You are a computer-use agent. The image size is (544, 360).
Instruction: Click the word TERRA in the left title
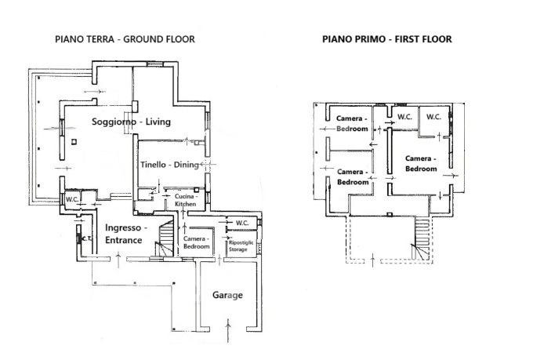[x=100, y=38]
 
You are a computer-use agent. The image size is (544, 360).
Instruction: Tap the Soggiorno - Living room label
[x=131, y=122]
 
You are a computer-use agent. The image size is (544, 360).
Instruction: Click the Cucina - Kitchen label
[x=185, y=200]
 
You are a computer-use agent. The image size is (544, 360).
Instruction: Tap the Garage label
[x=227, y=296]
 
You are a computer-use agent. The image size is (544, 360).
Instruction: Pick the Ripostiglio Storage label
[x=238, y=246]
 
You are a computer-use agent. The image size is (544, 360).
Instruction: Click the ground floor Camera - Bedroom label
[x=196, y=242]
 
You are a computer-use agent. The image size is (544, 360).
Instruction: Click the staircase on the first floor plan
[x=422, y=234]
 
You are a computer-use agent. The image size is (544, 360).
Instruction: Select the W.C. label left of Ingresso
[x=71, y=199]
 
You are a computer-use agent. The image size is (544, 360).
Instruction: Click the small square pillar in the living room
[x=73, y=142]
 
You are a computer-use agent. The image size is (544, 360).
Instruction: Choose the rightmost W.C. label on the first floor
[x=433, y=117]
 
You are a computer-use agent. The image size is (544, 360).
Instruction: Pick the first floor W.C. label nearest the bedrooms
[x=404, y=117]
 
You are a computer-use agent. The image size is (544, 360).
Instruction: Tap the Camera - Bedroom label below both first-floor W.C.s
[x=420, y=163]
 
